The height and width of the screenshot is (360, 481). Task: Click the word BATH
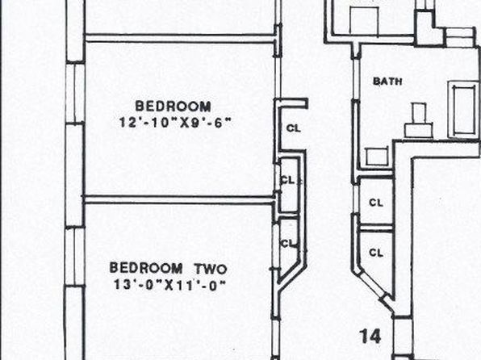click(x=387, y=82)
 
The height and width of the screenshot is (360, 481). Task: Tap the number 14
click(x=371, y=336)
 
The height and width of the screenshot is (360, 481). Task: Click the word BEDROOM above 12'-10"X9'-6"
click(x=173, y=107)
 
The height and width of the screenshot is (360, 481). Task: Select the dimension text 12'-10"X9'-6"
click(x=175, y=123)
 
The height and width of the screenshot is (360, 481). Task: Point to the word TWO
click(x=211, y=269)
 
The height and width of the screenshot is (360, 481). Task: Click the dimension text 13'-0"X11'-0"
click(x=170, y=285)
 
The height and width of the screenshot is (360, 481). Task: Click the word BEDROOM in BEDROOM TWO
click(x=146, y=268)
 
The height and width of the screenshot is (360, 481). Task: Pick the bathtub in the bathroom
click(x=464, y=110)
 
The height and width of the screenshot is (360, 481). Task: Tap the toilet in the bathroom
click(x=419, y=121)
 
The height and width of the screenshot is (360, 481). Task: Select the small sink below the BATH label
click(x=377, y=157)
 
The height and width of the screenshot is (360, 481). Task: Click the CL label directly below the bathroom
click(x=376, y=203)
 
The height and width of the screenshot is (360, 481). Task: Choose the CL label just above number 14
click(x=376, y=253)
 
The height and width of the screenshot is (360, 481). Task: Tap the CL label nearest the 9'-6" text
click(x=294, y=128)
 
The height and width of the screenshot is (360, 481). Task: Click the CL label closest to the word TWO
click(x=288, y=244)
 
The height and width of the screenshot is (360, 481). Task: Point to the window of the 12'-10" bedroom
click(x=75, y=93)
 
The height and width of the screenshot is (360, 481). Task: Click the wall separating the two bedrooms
click(x=178, y=200)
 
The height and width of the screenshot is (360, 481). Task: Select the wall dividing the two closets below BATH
click(x=376, y=228)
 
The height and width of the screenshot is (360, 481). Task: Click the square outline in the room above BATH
click(x=365, y=21)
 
